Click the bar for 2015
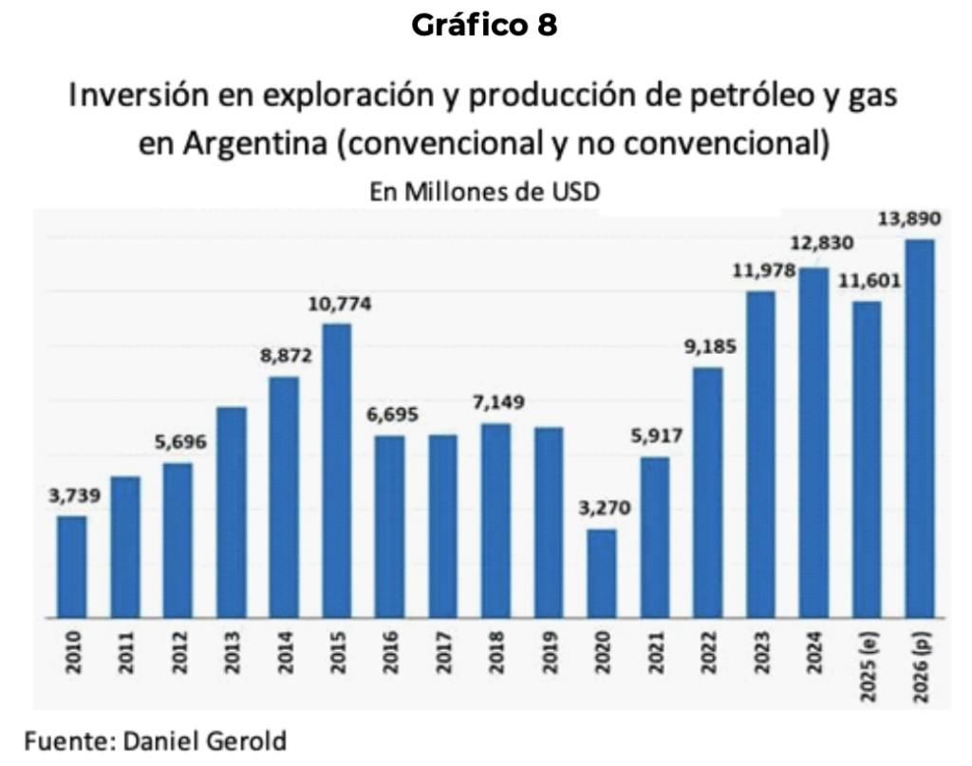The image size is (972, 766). (x=337, y=471)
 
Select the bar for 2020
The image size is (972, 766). (x=602, y=573)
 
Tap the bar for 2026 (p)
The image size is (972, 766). (x=920, y=428)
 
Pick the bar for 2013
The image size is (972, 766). (x=232, y=513)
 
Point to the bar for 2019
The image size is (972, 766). (x=550, y=522)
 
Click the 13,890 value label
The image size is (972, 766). (x=910, y=218)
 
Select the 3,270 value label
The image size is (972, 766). (x=605, y=508)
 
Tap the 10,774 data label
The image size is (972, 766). (x=340, y=304)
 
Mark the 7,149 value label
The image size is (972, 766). (x=498, y=402)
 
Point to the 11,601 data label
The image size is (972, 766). (x=869, y=281)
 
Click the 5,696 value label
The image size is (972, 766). (x=180, y=442)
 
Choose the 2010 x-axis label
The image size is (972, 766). (x=73, y=652)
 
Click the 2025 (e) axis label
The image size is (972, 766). (x=868, y=666)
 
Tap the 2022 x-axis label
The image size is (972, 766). (x=708, y=652)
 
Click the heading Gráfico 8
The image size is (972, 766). (x=485, y=26)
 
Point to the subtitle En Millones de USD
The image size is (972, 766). (x=485, y=192)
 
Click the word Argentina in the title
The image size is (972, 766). (x=254, y=143)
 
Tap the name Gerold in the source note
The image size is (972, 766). (x=246, y=741)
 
